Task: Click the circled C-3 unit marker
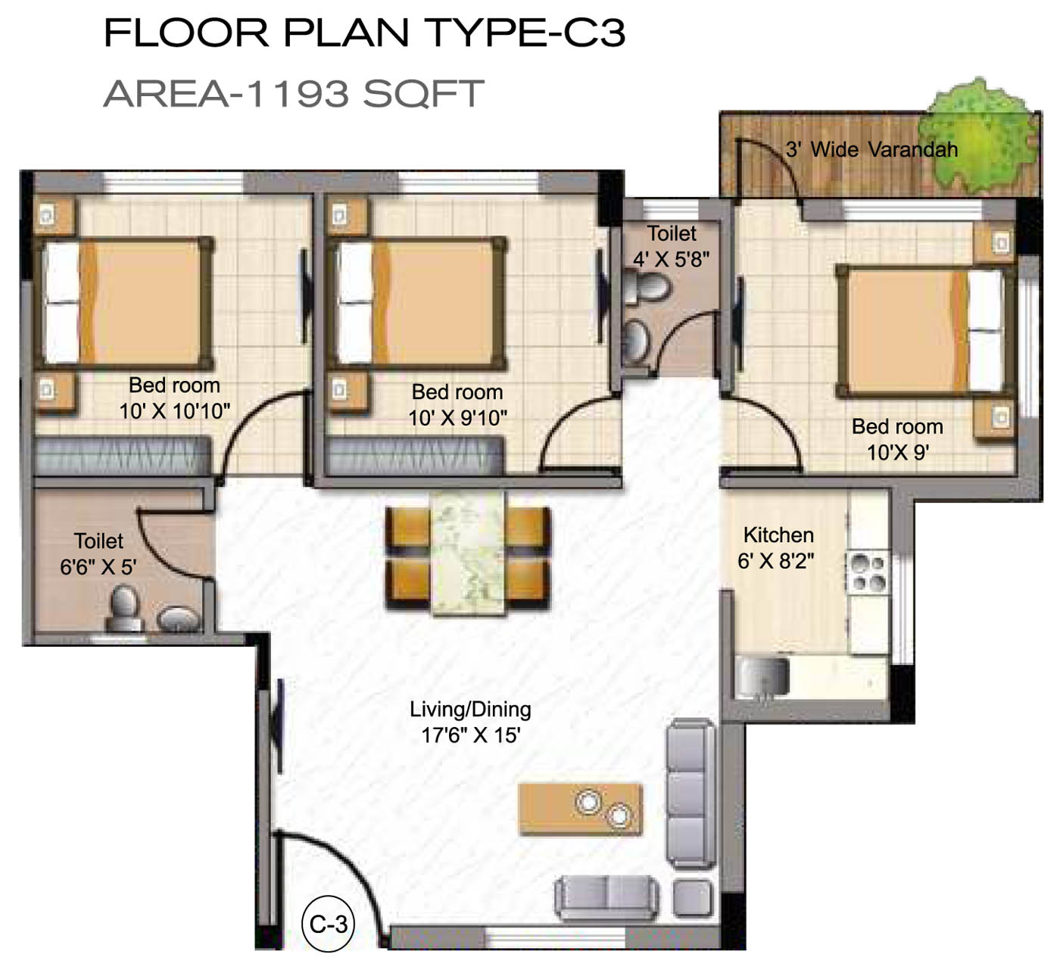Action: coord(328,925)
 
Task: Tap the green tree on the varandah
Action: coord(977,138)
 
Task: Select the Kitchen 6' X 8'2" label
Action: coord(778,548)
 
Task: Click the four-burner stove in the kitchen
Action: coord(868,572)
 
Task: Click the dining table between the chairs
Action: coord(468,553)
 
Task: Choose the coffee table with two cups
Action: coord(580,809)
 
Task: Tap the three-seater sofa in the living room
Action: coord(690,793)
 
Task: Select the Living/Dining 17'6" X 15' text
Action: coord(471,722)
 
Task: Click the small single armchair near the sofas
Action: coord(693,897)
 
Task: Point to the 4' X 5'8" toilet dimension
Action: coord(672,260)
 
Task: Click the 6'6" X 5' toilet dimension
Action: coord(98,567)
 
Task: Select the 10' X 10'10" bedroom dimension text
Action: coord(175,411)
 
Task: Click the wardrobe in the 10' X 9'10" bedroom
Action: coord(414,455)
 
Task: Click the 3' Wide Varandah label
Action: coord(871,150)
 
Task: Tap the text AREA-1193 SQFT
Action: coord(294,94)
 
